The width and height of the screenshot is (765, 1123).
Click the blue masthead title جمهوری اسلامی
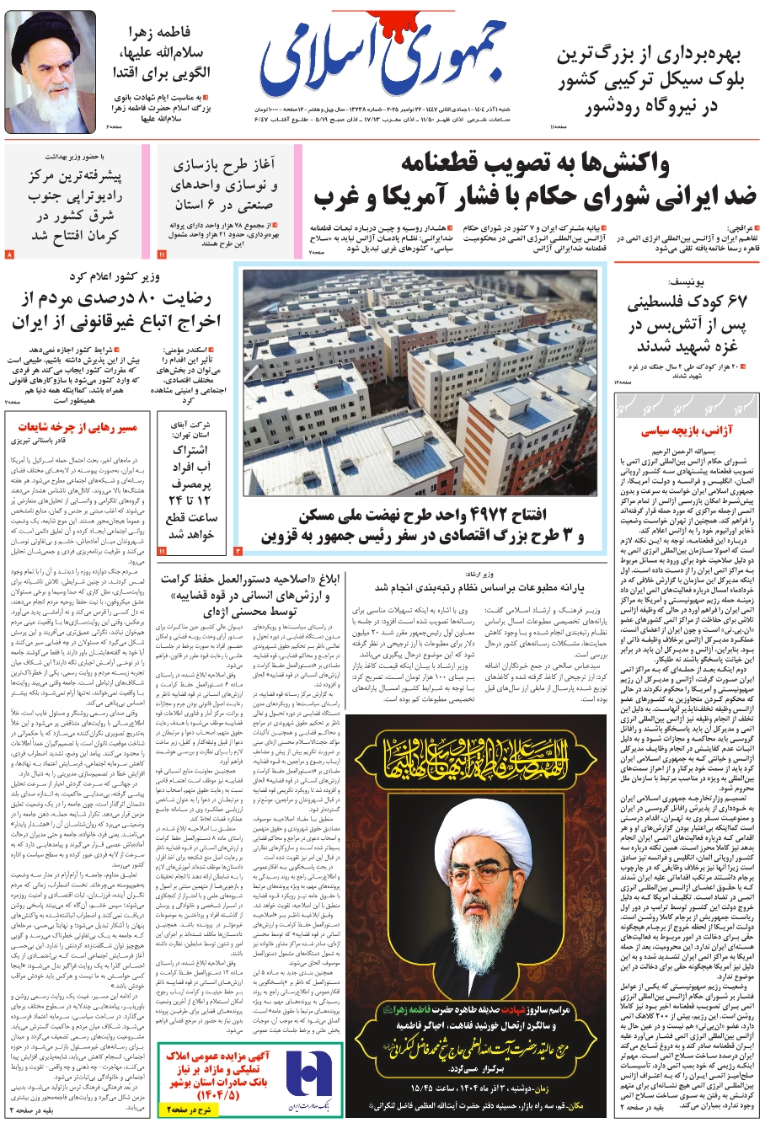[402, 59]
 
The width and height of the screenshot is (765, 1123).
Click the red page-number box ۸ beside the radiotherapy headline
[10, 254]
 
